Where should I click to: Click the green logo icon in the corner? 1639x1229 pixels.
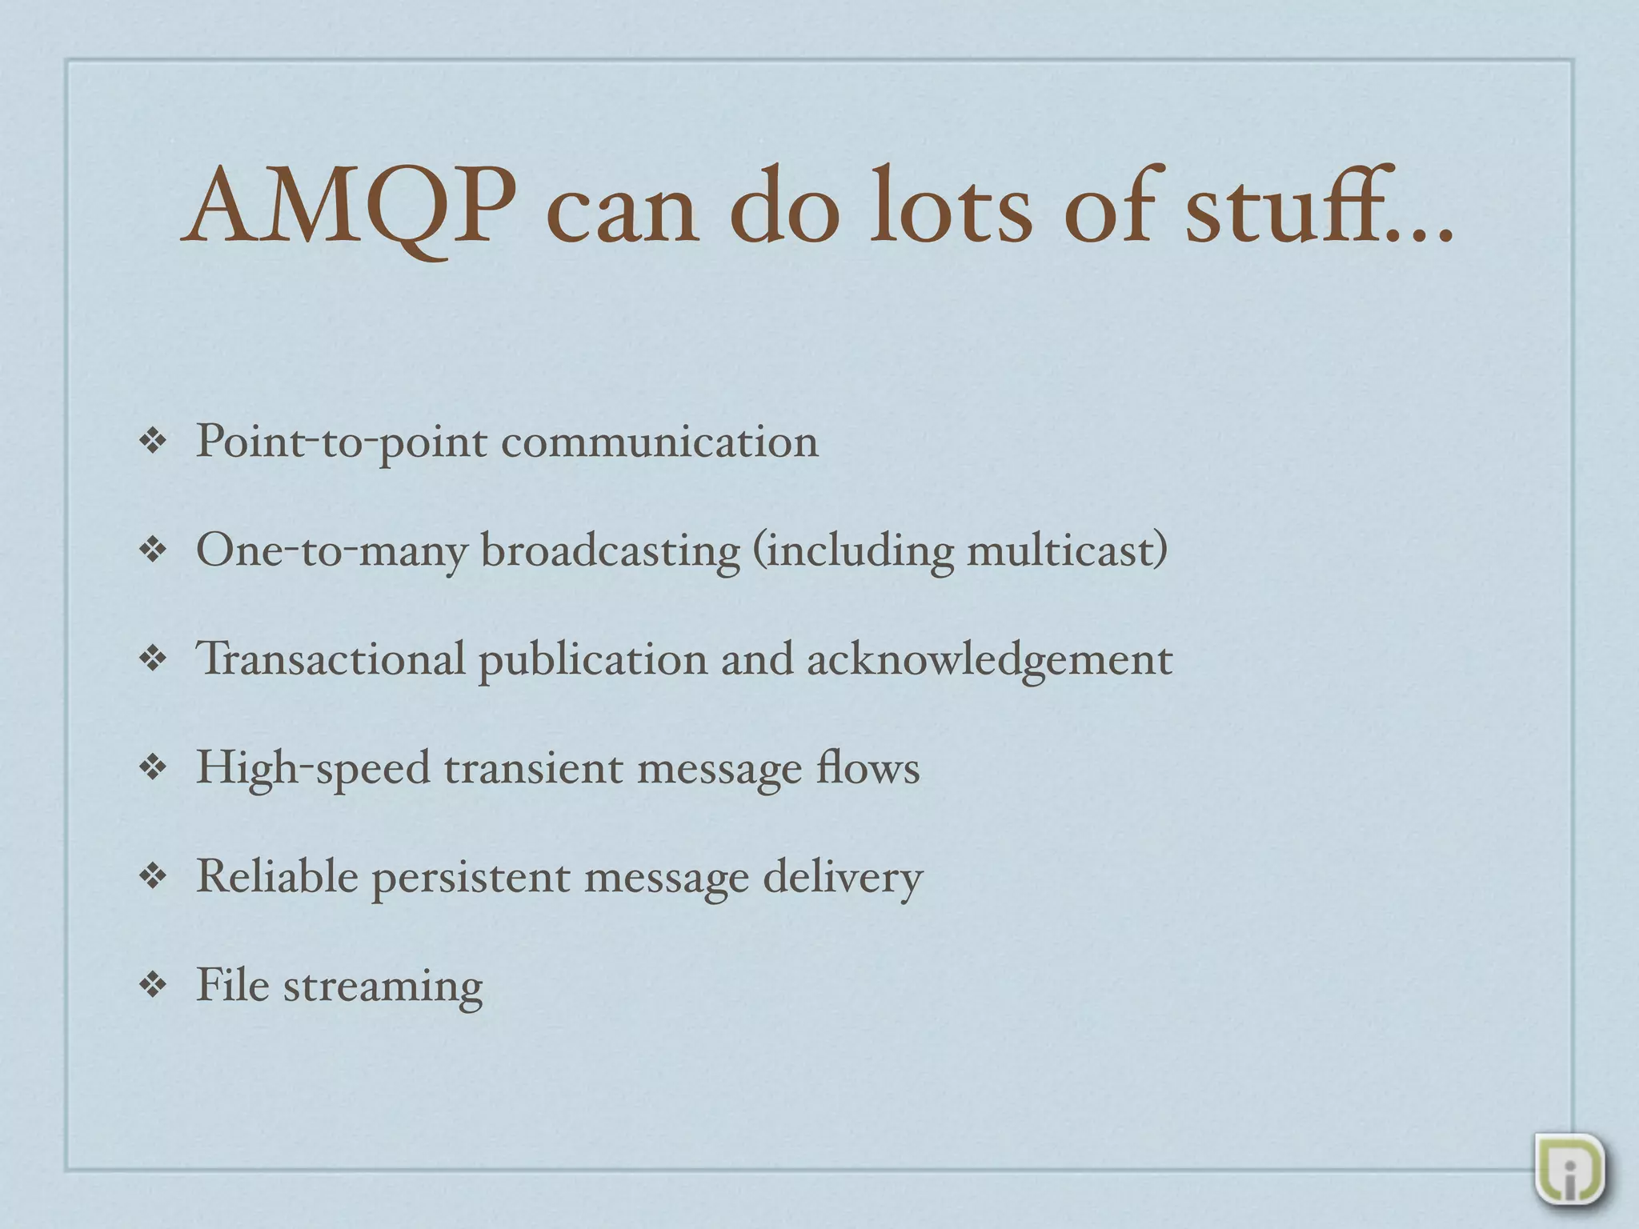coord(1569,1167)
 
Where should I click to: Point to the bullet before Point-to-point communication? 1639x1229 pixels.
coord(152,442)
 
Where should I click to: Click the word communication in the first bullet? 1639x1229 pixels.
coord(659,442)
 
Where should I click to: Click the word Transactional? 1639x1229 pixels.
coord(331,659)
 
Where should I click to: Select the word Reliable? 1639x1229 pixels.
coord(277,877)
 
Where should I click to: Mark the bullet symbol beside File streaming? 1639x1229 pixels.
coord(152,986)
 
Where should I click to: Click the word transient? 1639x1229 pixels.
coord(533,768)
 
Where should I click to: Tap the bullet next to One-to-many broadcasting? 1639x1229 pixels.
coord(152,550)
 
